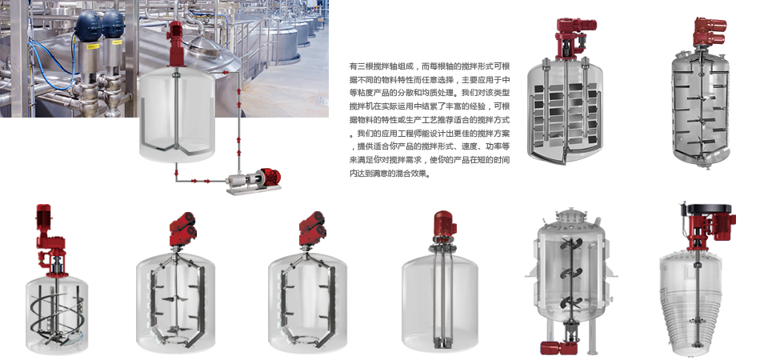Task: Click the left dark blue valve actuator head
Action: (x=89, y=24)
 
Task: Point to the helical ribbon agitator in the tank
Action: (x=57, y=315)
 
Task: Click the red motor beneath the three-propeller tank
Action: (x=558, y=348)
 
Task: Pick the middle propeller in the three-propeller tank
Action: (x=571, y=273)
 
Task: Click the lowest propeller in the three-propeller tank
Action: (x=571, y=302)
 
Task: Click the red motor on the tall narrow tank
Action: (x=445, y=226)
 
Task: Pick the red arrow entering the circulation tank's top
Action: (x=226, y=73)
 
